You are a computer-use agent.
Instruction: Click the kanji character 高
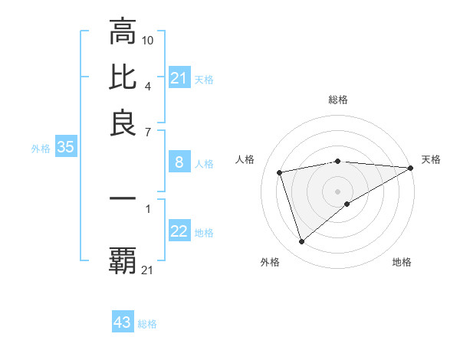coord(123,32)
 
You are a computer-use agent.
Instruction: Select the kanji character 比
coord(123,77)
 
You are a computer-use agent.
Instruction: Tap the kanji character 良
coord(123,123)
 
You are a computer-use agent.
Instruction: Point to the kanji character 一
coord(123,199)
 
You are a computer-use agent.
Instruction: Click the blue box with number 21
coord(179,78)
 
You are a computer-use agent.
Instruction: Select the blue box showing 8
coord(179,162)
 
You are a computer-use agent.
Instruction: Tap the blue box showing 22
coord(179,232)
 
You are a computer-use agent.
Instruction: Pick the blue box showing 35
coord(65,148)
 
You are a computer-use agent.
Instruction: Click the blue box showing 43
coord(123,322)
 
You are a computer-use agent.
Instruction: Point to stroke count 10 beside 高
coord(148,39)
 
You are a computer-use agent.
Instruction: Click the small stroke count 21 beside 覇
coord(148,269)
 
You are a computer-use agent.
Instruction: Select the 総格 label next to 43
coord(147,324)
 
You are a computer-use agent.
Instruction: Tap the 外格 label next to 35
coord(40,149)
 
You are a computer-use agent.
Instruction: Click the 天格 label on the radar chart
coord(431,159)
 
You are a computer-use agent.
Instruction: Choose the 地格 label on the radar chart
coord(402,262)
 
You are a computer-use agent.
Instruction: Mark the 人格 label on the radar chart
coord(245,159)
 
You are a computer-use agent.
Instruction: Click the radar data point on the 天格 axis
coord(411,168)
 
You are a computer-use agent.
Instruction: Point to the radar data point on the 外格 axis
coord(301,242)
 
